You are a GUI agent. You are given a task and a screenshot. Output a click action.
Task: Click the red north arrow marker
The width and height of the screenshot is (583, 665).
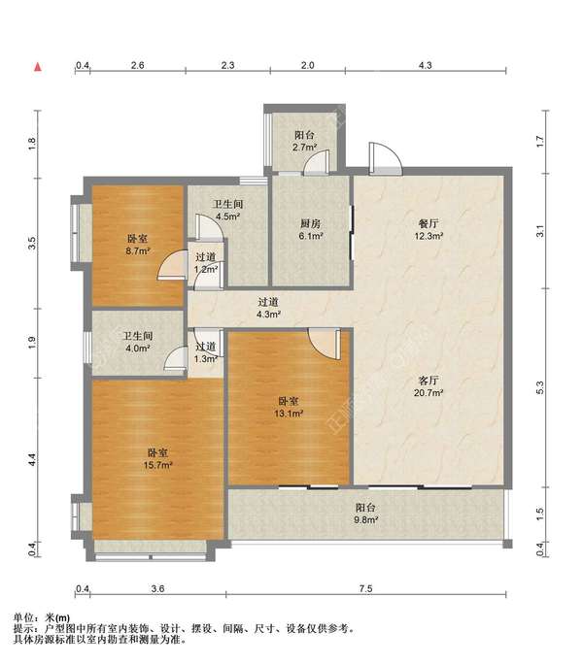(x=38, y=67)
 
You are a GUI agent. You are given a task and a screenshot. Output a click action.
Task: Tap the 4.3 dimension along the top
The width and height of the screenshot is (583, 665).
(x=425, y=65)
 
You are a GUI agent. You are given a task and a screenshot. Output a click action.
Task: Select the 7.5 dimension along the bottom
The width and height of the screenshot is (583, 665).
(x=365, y=588)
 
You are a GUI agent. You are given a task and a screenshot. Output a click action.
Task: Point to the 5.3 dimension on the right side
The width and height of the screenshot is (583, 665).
(x=540, y=387)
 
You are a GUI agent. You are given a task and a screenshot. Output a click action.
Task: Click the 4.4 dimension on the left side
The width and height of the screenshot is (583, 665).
(x=32, y=460)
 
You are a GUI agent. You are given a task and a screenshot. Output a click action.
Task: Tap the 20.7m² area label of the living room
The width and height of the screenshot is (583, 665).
(x=429, y=393)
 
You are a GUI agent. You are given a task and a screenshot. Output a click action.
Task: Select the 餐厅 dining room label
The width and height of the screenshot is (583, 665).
(x=429, y=223)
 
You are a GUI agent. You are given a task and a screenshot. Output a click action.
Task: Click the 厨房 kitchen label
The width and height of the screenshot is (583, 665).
(x=310, y=223)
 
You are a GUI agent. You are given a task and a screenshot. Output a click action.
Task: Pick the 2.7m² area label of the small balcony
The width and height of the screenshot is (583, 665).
(x=304, y=148)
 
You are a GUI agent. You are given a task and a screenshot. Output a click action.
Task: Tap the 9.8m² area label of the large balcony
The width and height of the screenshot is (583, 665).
(x=366, y=519)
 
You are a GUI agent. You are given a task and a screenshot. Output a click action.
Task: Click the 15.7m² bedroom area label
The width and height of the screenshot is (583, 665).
(x=157, y=465)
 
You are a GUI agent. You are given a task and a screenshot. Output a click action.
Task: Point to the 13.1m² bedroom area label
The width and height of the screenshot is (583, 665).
(x=289, y=414)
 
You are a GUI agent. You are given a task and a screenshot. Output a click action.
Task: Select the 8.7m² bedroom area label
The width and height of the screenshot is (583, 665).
(x=138, y=251)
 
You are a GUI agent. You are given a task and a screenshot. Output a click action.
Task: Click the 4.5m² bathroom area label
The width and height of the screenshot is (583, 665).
(x=227, y=216)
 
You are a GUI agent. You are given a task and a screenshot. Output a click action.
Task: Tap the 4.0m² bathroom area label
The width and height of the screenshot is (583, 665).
(x=138, y=349)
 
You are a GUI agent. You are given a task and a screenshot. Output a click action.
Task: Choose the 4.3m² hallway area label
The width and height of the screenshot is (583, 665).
(x=268, y=315)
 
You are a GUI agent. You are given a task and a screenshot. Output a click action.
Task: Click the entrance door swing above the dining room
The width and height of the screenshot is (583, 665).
(x=385, y=158)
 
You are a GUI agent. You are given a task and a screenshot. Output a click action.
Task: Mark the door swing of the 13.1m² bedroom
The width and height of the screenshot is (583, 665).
(x=325, y=344)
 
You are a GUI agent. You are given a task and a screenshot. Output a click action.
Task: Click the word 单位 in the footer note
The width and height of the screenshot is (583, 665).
(x=23, y=618)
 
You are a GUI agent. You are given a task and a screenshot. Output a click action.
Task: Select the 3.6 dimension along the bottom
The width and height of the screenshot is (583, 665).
(x=157, y=588)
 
